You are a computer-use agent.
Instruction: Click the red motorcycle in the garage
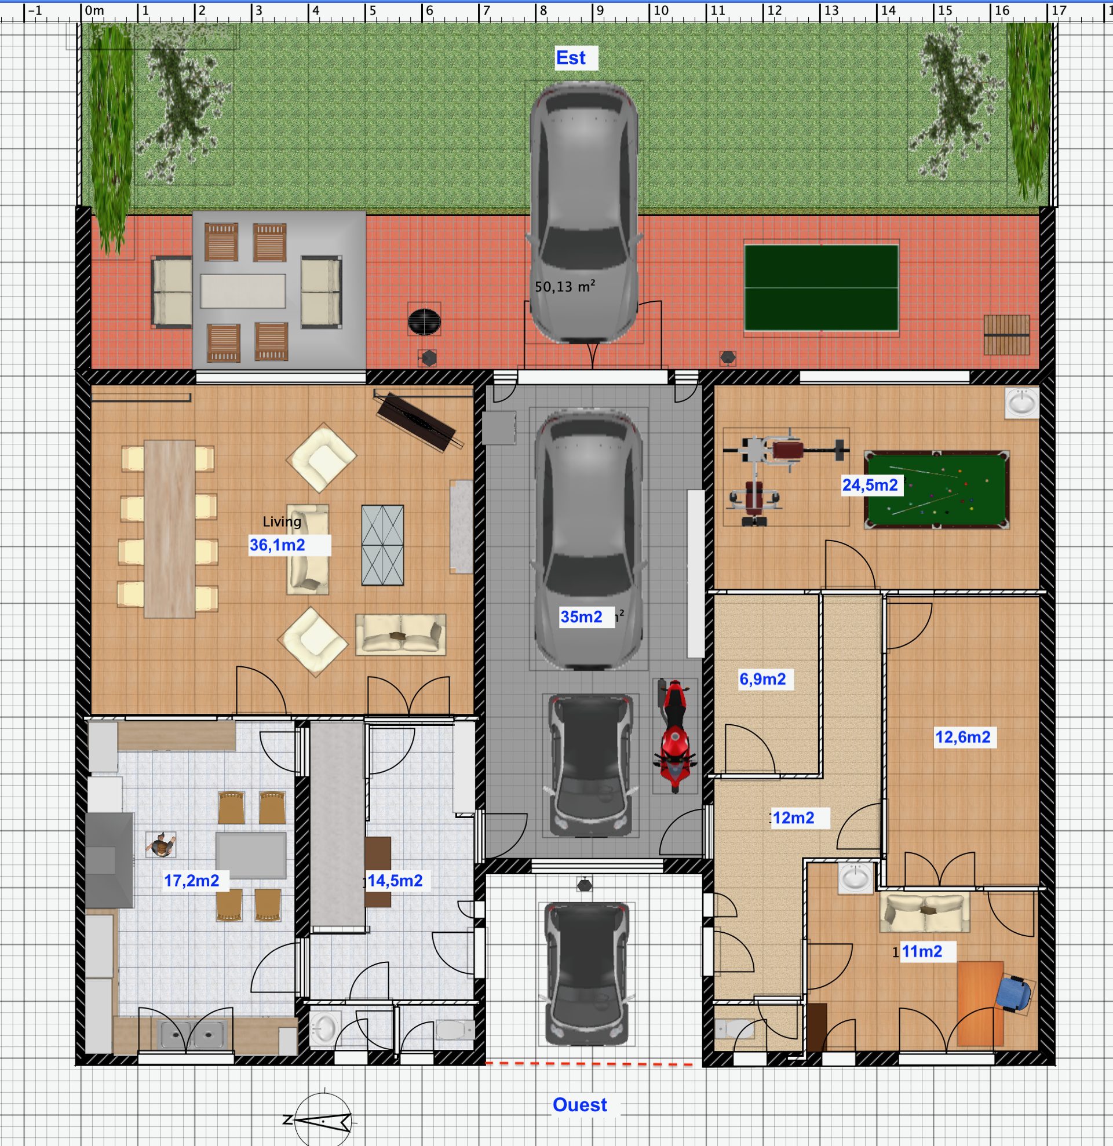(x=675, y=736)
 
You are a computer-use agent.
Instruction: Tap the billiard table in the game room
(x=937, y=490)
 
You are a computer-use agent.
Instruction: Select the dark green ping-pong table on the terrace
(x=822, y=288)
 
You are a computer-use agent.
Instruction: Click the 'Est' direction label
(x=571, y=58)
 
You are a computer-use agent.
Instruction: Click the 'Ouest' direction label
(x=580, y=1104)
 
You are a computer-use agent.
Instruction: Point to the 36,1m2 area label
(x=277, y=545)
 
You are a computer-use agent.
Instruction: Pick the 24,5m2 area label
(x=870, y=485)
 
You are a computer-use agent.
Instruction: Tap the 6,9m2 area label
(x=762, y=679)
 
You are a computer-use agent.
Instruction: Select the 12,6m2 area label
(x=963, y=737)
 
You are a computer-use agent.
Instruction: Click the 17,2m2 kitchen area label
(x=191, y=881)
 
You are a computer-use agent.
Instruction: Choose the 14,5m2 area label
(x=395, y=881)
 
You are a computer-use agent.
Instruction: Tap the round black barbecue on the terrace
(x=424, y=322)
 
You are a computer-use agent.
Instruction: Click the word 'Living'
(x=282, y=521)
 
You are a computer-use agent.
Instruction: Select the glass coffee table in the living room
(x=383, y=545)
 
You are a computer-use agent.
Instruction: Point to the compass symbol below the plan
(x=323, y=1121)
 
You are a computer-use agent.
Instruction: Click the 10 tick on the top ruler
(x=661, y=10)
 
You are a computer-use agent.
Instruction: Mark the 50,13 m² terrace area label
(x=565, y=286)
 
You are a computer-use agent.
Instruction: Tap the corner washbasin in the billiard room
(x=1023, y=403)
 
